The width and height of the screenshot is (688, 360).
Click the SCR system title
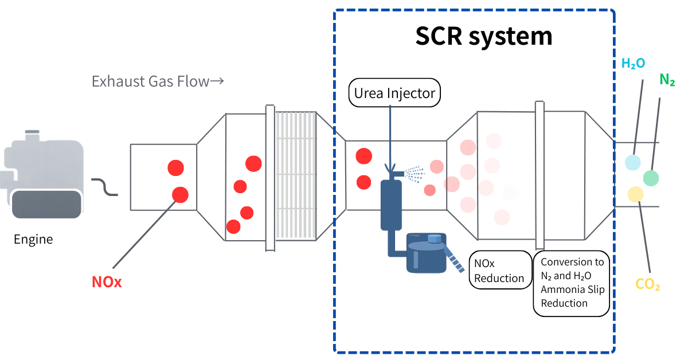[x=483, y=36]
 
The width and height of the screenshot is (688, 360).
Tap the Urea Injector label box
[x=394, y=93]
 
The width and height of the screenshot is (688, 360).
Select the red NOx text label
[x=107, y=282]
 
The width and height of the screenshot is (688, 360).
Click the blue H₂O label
[x=633, y=63]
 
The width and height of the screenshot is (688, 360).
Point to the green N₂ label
[x=667, y=80]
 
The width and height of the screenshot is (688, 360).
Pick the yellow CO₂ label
[x=648, y=284]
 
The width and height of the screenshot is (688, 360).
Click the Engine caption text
[x=33, y=239]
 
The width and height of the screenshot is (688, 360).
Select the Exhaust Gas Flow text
[x=150, y=81]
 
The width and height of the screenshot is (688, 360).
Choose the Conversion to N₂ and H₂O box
[x=572, y=283]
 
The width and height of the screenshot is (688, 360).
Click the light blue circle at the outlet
[x=632, y=162]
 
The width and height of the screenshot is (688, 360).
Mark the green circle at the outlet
[x=651, y=178]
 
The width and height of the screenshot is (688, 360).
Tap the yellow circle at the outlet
[x=635, y=194]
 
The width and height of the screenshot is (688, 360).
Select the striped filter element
[x=296, y=175]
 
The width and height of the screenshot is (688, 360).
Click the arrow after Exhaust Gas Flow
[x=216, y=81]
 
